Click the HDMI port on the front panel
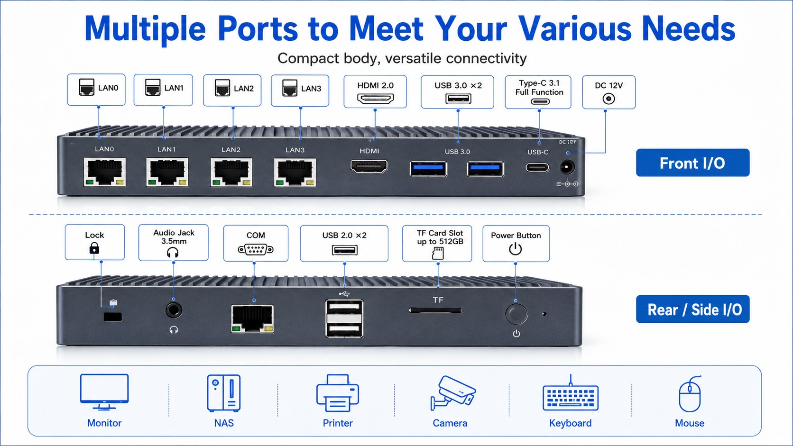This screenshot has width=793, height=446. coord(369,166)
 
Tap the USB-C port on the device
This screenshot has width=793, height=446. coord(537,167)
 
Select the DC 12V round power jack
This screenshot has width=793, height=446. coord(567,167)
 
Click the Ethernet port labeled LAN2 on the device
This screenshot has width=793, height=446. coord(231,172)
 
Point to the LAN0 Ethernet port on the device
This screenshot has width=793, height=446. coord(104,172)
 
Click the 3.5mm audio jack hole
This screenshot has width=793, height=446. coord(174,310)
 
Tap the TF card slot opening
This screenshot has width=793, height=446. coord(435,310)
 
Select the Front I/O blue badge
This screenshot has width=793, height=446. coord(692,163)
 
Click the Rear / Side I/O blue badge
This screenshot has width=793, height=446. coord(692,309)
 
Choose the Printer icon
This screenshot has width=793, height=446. coord(337,393)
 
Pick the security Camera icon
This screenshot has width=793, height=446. coord(453,393)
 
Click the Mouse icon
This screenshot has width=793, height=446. coord(690,394)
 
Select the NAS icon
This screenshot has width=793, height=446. coord(224,393)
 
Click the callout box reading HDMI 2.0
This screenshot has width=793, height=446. coord(375,91)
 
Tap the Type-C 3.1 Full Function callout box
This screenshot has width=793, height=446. coord(538,92)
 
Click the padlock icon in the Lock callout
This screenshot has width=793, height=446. coord(94,248)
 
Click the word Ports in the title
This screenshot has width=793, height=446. coord(258,28)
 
